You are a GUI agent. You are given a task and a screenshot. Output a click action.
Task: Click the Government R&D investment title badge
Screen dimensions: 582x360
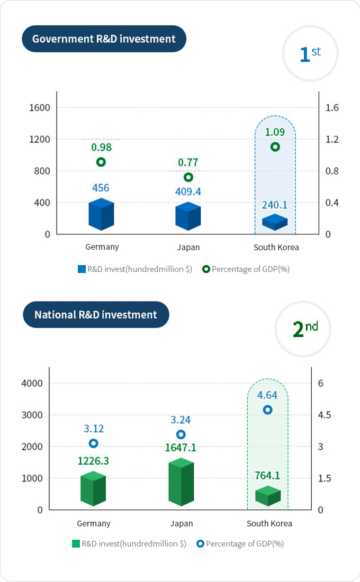(104, 39)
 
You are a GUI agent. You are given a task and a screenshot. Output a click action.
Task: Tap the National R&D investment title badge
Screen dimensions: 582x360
(96, 315)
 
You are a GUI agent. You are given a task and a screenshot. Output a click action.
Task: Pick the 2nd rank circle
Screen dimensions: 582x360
(303, 329)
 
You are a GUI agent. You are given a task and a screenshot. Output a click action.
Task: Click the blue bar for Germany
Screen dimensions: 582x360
(101, 214)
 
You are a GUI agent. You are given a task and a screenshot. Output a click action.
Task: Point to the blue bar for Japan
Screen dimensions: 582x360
(188, 216)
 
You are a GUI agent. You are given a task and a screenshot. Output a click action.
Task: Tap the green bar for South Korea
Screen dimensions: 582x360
(268, 496)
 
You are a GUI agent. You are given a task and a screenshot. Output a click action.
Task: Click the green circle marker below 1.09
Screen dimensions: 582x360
(275, 147)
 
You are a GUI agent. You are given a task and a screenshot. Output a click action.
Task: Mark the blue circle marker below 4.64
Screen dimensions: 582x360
(268, 410)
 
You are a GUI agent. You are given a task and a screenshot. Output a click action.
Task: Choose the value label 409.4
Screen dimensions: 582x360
(188, 191)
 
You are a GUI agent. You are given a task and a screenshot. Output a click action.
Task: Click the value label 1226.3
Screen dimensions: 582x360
(93, 461)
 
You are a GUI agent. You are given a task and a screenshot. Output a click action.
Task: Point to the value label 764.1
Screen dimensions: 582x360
(267, 475)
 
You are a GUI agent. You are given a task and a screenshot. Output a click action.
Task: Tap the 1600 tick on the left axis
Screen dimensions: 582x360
(40, 108)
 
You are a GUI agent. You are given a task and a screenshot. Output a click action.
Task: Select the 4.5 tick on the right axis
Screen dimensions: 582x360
(325, 415)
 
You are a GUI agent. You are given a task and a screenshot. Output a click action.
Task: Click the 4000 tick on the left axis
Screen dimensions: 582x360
(32, 383)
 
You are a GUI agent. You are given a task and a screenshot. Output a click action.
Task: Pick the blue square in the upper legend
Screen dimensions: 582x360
(82, 269)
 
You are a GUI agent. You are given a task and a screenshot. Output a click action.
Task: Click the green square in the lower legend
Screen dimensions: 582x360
(76, 543)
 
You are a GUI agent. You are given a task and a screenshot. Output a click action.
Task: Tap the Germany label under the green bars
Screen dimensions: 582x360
(94, 523)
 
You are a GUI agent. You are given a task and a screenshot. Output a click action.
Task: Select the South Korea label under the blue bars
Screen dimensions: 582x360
(276, 247)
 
